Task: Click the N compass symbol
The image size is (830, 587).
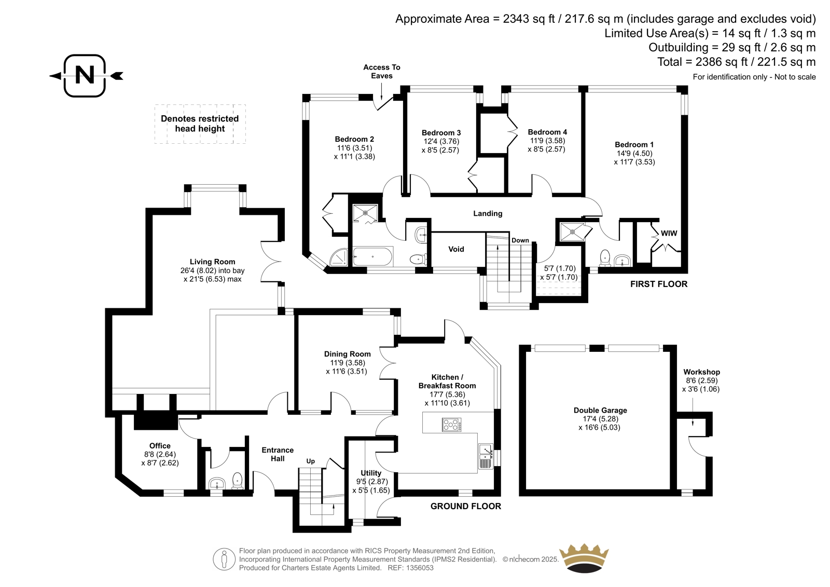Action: click(86, 76)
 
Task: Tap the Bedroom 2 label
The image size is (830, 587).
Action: click(354, 139)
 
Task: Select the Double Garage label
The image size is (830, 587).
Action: click(600, 410)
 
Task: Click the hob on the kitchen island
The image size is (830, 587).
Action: click(452, 425)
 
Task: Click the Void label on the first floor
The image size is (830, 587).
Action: click(456, 249)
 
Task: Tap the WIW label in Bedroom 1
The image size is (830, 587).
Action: click(669, 233)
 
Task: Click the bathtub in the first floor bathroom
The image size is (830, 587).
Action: click(373, 256)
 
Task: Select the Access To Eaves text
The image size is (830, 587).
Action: click(382, 72)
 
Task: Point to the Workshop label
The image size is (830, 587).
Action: click(701, 372)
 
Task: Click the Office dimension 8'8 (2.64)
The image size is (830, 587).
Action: click(160, 454)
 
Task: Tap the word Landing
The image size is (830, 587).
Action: click(488, 214)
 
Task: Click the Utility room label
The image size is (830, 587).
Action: click(371, 473)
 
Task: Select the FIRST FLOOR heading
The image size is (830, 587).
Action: click(659, 284)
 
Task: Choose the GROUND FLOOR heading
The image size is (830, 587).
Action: click(465, 506)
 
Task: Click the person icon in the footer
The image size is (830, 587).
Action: click(224, 559)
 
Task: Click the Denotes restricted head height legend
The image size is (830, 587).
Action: click(200, 124)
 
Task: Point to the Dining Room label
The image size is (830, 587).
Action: click(347, 354)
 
